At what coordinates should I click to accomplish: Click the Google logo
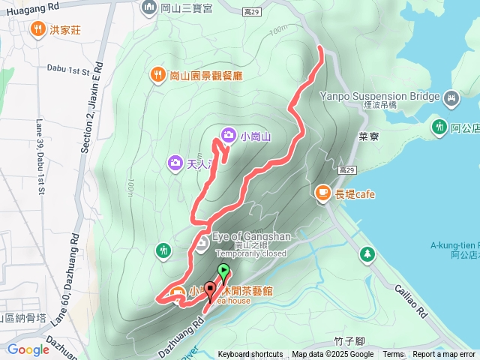[28, 349]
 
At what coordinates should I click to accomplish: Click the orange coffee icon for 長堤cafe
[322, 193]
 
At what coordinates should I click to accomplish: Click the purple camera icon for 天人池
[175, 161]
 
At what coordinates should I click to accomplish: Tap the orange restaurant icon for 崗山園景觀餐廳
[157, 74]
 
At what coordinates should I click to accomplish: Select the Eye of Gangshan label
[250, 237]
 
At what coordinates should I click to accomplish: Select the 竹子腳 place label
[349, 340]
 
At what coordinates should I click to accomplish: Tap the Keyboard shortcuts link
[250, 355]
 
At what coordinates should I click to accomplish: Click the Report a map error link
[444, 355]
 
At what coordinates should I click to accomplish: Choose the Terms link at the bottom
[393, 355]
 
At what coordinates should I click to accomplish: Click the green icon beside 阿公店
[439, 127]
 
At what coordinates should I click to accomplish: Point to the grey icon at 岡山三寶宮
[147, 8]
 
